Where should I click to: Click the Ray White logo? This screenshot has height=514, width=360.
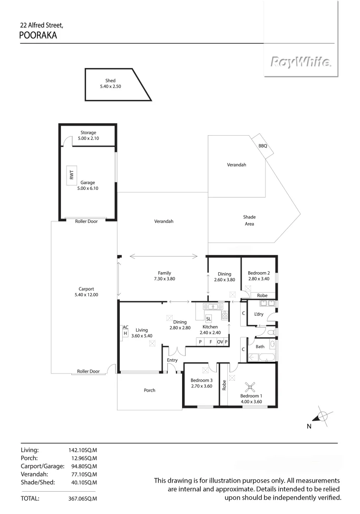(301, 62)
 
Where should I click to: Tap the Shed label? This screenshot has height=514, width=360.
(110, 81)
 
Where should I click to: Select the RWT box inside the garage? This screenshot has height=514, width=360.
(72, 175)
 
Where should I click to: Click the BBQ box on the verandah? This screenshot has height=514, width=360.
(263, 146)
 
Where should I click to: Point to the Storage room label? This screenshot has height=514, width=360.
(88, 133)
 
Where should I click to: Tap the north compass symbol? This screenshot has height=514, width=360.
(322, 416)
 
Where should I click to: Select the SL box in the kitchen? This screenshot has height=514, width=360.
(208, 319)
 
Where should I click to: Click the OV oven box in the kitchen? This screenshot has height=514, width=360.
(220, 342)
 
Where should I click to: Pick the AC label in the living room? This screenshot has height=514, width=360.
(126, 327)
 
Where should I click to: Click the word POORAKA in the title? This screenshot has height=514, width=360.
(38, 35)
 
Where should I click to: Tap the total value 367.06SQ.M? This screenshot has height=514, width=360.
(83, 499)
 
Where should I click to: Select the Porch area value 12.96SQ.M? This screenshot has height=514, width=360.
(83, 458)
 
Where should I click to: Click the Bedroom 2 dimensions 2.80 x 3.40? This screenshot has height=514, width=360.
(259, 279)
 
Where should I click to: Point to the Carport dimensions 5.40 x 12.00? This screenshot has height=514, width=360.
(86, 295)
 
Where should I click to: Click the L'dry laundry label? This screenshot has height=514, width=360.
(259, 314)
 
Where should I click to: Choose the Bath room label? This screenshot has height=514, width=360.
(260, 346)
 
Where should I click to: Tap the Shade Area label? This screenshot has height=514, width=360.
(249, 220)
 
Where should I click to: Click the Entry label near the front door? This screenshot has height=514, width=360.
(172, 360)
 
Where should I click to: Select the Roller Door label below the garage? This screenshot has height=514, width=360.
(86, 221)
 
